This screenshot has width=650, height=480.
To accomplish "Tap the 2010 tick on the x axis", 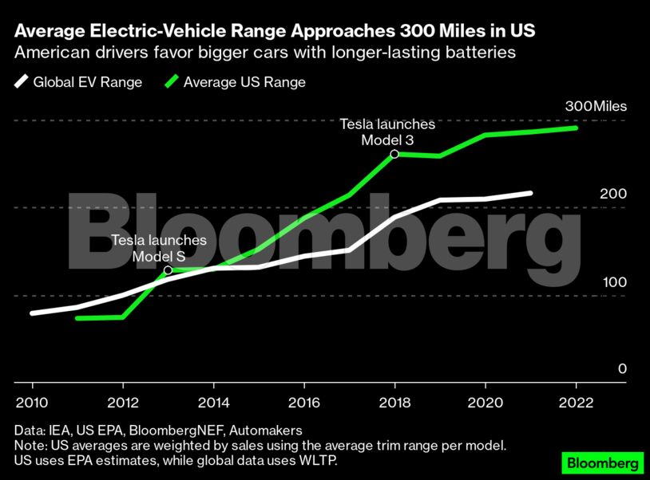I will pyautogui.click(x=32, y=402).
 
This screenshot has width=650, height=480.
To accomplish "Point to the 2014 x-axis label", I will pyautogui.click(x=212, y=402).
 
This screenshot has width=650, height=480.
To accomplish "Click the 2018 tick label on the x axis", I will pyautogui.click(x=394, y=402).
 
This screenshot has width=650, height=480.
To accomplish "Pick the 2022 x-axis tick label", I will pyautogui.click(x=575, y=402).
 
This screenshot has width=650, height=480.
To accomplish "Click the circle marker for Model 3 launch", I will pyautogui.click(x=394, y=153).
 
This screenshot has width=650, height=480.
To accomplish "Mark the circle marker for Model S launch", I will pyautogui.click(x=168, y=270).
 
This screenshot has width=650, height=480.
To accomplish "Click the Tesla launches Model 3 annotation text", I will pyautogui.click(x=387, y=132).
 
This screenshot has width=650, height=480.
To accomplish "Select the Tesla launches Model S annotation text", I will pyautogui.click(x=159, y=248).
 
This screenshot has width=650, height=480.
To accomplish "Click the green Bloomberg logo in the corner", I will pyautogui.click(x=603, y=462).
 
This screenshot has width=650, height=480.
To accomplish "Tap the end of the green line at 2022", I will pyautogui.click(x=576, y=128).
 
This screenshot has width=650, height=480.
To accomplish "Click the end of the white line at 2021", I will pyautogui.click(x=530, y=192).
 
